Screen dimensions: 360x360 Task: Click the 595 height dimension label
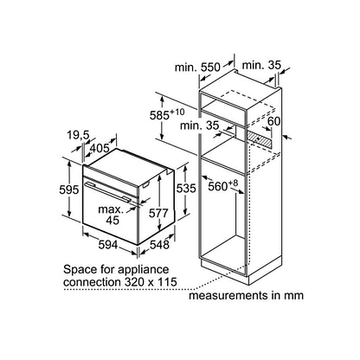point(68,190)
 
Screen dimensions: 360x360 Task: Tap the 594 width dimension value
point(108,245)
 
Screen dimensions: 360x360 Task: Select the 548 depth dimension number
point(159,245)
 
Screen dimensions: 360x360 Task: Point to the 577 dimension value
point(158,213)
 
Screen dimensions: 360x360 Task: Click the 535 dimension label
point(186,189)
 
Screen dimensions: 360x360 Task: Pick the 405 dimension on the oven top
point(100,148)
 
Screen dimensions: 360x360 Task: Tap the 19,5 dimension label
point(79,135)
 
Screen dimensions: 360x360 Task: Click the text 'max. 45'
point(112,215)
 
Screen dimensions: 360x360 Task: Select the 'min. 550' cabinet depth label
point(197,67)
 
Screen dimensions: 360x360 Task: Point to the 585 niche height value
point(166,114)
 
